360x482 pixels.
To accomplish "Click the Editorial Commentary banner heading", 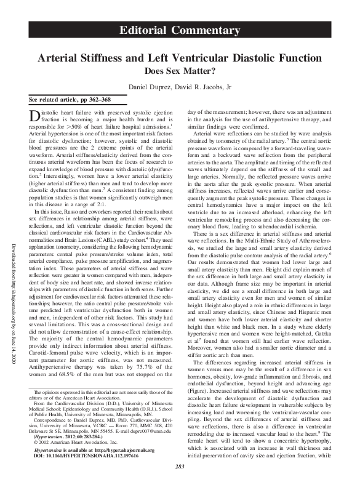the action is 180,31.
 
